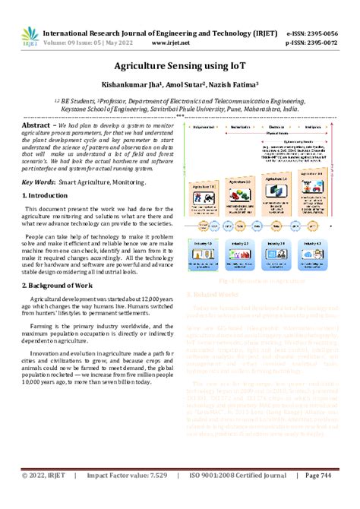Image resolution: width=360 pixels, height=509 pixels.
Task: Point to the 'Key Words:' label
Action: point(38,183)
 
